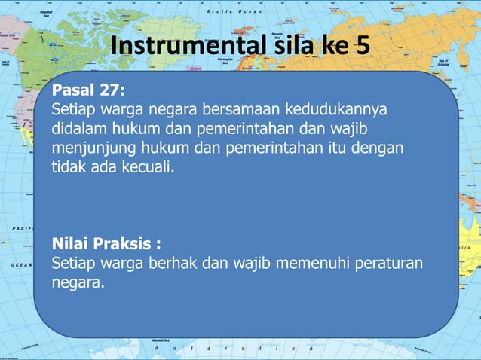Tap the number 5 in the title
(x=361, y=47)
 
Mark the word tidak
(x=69, y=165)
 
